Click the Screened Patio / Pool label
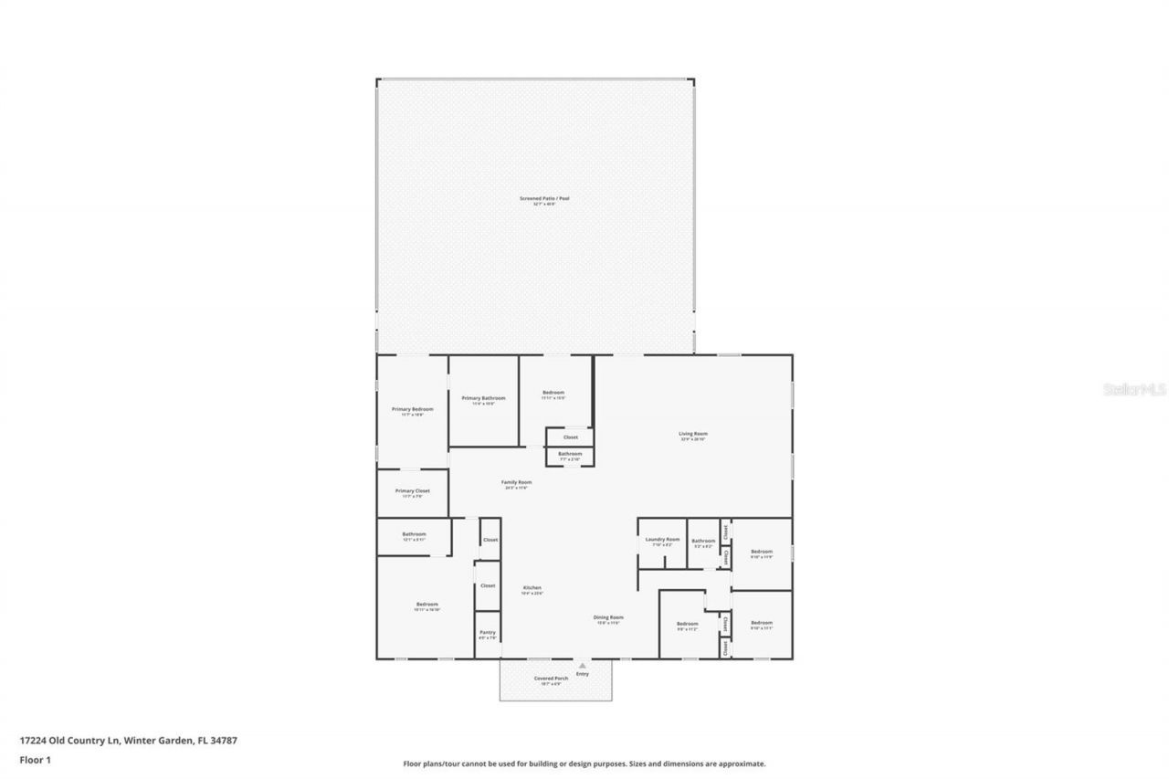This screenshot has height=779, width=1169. [544, 198]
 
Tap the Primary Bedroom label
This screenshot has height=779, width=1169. [413, 409]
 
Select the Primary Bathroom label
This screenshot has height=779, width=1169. [484, 398]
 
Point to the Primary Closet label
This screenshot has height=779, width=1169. [413, 490]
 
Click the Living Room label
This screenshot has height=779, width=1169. [693, 434]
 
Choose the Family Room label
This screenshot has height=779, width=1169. [517, 482]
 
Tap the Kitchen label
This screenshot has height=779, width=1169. [532, 587]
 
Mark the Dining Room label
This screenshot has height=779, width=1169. [609, 617]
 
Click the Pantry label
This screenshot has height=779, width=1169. [488, 631]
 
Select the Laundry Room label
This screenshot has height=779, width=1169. [662, 540]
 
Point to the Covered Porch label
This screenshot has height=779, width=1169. [551, 679]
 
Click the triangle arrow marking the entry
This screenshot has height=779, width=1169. [582, 666]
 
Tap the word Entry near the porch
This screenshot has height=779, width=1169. [583, 674]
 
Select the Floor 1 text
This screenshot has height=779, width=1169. [35, 759]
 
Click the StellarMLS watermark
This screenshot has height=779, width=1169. [1134, 389]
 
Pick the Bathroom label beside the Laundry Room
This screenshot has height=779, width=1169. [703, 541]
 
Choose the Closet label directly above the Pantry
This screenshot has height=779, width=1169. [488, 585]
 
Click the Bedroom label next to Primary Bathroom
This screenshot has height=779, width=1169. [553, 393]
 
